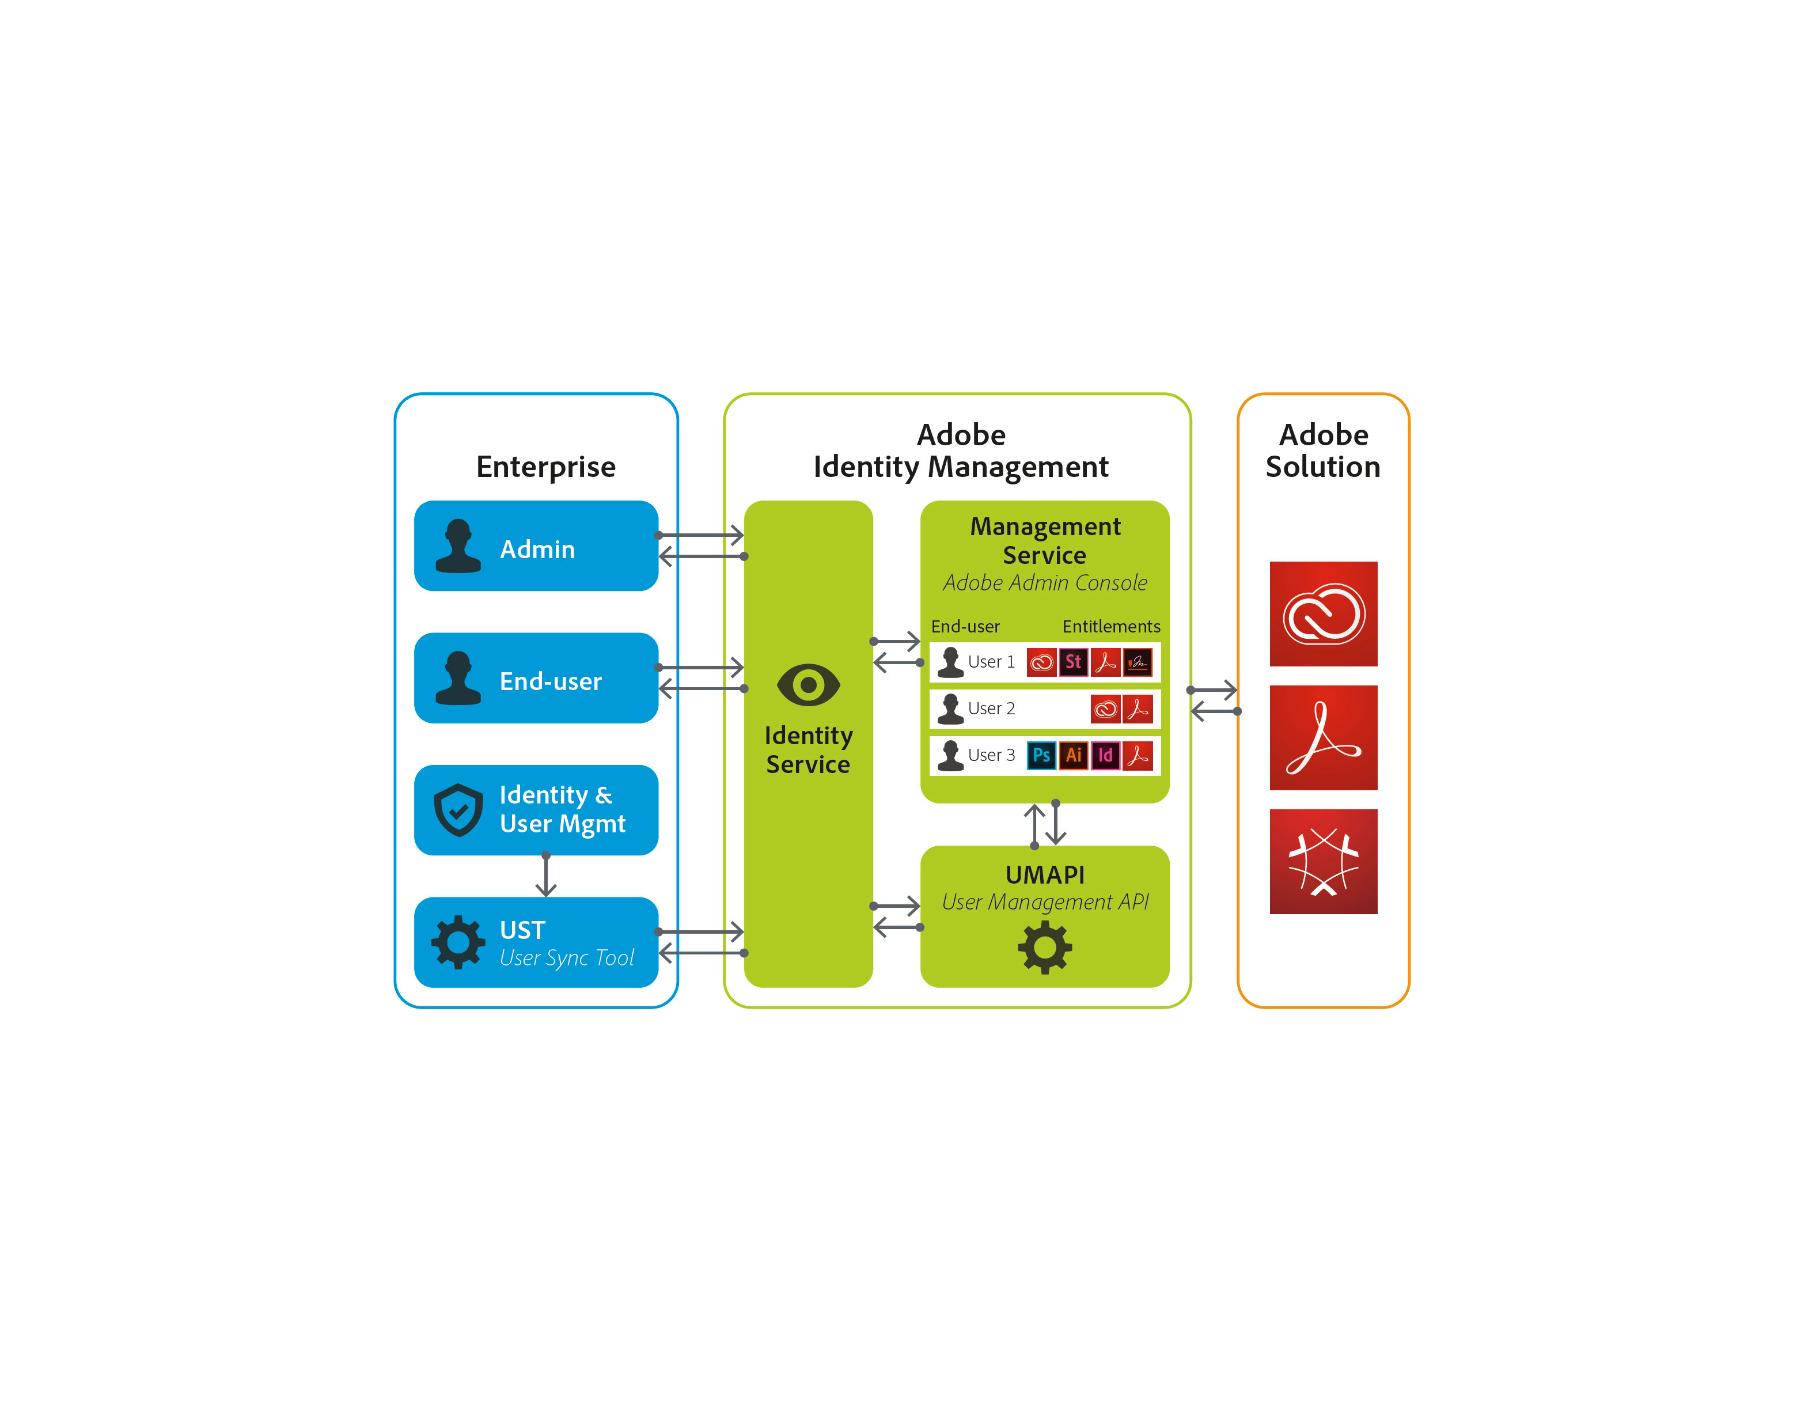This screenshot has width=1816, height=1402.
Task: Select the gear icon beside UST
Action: point(457,942)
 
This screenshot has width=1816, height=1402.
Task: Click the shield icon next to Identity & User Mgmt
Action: point(458,809)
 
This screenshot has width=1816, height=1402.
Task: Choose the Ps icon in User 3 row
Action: point(1041,755)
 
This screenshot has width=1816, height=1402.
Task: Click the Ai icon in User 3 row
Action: point(1074,755)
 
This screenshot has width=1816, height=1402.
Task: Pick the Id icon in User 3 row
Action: point(1105,755)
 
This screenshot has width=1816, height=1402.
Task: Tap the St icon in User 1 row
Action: point(1074,662)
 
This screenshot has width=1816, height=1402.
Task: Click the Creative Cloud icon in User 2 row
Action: point(1105,708)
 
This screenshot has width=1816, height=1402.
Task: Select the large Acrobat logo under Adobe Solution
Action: point(1323,738)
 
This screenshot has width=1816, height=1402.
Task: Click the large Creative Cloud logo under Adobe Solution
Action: point(1323,613)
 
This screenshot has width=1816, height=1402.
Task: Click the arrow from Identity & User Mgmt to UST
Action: point(545,876)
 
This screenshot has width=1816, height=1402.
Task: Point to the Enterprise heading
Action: point(545,467)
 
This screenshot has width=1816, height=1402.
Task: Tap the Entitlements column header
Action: point(1111,626)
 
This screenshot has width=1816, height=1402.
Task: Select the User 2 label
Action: point(991,708)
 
